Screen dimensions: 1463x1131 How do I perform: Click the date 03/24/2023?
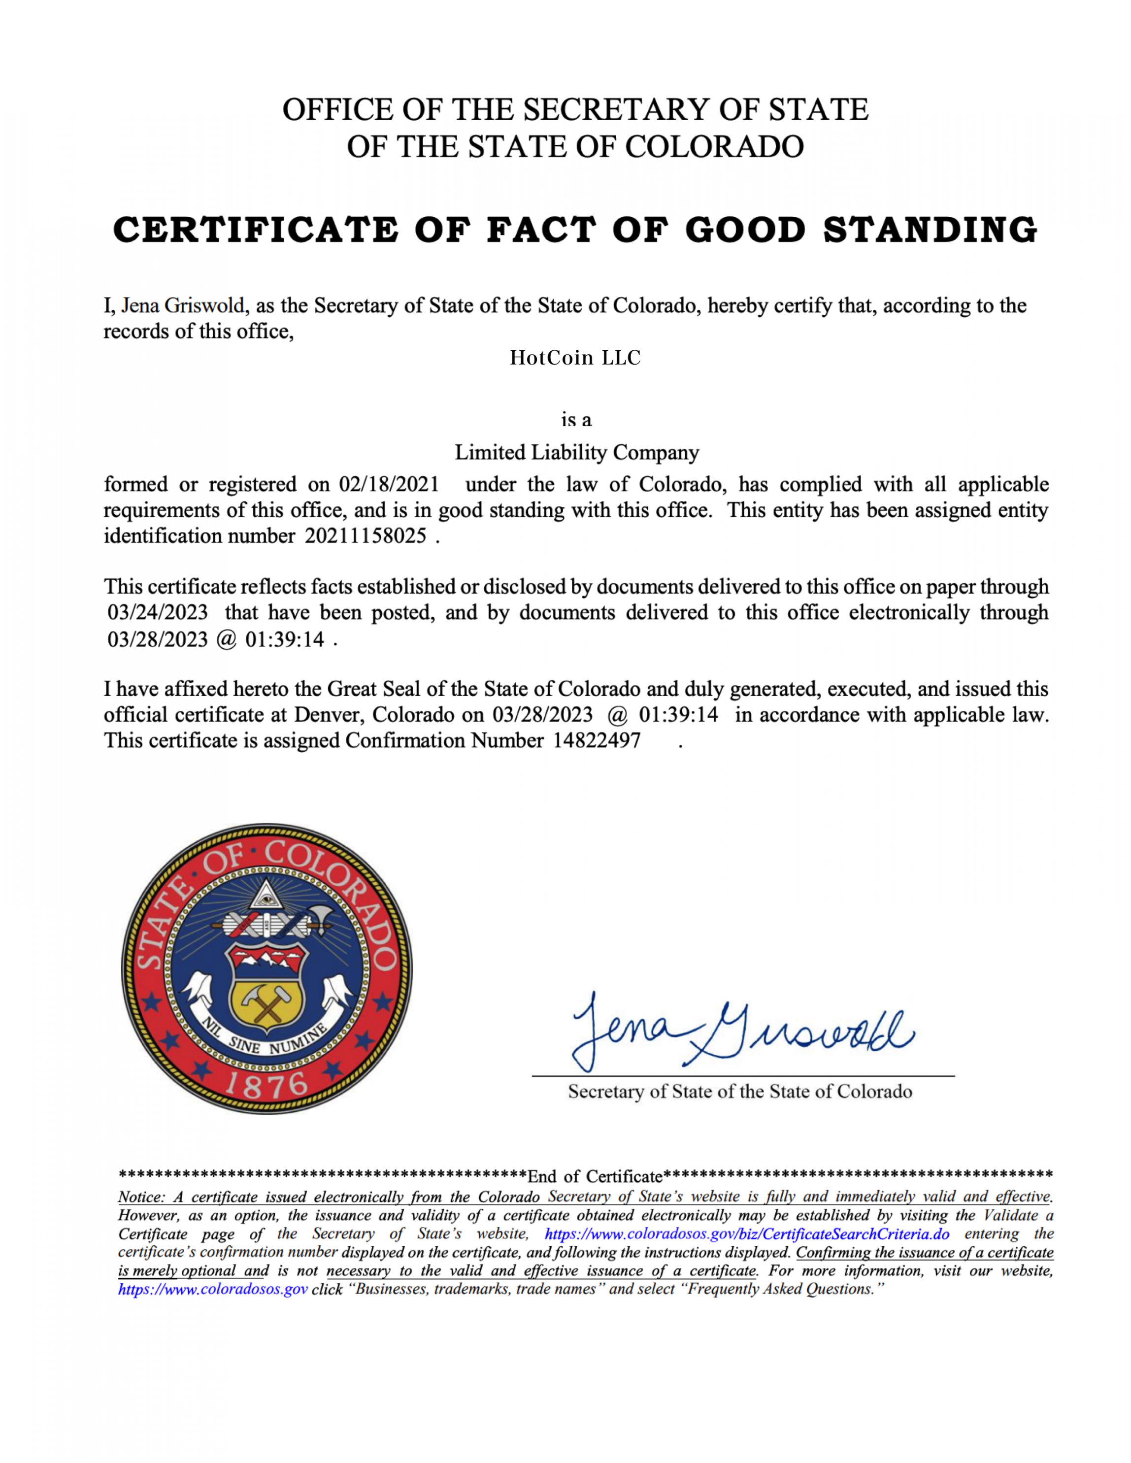point(158,612)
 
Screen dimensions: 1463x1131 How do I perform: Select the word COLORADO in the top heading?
point(714,147)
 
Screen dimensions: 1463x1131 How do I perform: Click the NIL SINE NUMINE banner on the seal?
point(266,1040)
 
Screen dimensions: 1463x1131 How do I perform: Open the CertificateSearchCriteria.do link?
point(746,1234)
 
